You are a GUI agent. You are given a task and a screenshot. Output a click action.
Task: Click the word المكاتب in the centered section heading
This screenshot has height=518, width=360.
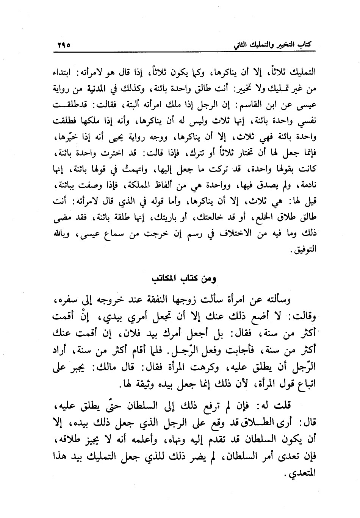(165, 279)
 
